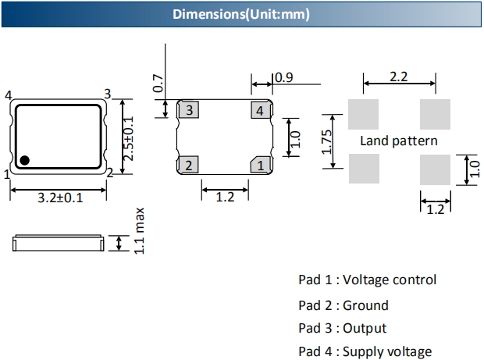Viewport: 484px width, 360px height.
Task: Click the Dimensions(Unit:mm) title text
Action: [x=241, y=14]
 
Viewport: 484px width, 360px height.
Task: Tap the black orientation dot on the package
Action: [x=25, y=160]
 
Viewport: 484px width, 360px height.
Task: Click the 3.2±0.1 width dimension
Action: [x=60, y=198]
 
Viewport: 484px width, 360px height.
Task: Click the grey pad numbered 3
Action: [x=188, y=110]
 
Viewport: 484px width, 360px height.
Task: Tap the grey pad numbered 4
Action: [x=261, y=110]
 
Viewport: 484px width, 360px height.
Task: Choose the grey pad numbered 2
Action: [x=188, y=165]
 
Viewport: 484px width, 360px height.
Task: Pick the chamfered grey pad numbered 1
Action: [x=261, y=165]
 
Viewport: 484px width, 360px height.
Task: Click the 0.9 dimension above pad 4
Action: [x=284, y=77]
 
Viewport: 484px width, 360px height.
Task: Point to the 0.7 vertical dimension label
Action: [x=158, y=84]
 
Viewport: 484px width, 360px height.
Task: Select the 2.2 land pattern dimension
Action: [x=400, y=77]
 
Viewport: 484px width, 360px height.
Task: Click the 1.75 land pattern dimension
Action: [x=327, y=141]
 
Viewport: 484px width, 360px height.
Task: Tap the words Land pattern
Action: [x=399, y=141]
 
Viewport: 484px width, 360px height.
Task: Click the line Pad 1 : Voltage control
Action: [x=367, y=280]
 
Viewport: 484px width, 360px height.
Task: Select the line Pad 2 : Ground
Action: [x=343, y=305]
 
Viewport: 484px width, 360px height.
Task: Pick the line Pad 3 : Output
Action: [x=342, y=329]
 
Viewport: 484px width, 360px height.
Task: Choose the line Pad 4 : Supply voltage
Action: [x=365, y=352]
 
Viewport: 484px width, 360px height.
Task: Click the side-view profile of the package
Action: [x=59, y=244]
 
